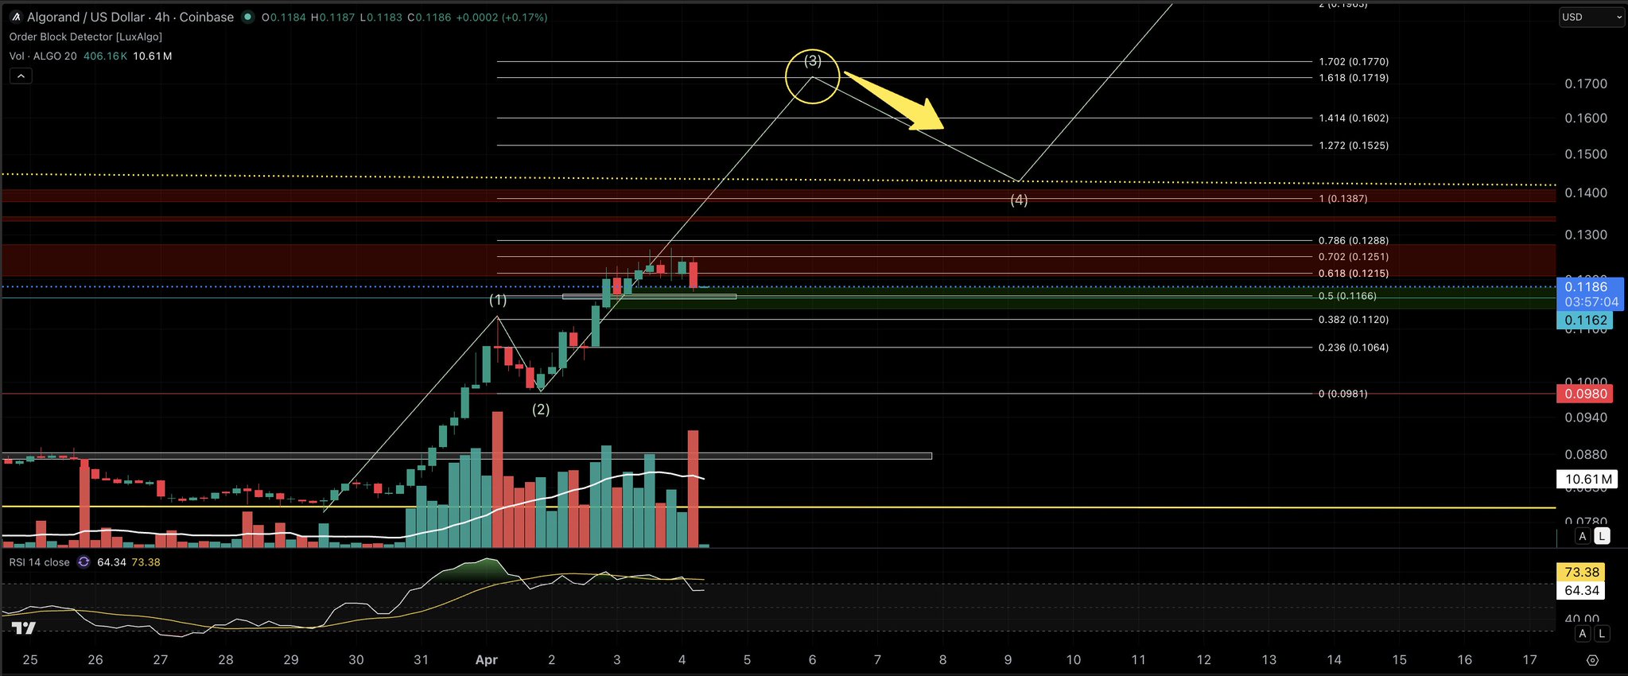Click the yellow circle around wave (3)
pyautogui.click(x=812, y=77)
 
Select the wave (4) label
pyautogui.click(x=1019, y=200)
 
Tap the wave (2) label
pyautogui.click(x=541, y=410)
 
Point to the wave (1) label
pyautogui.click(x=498, y=300)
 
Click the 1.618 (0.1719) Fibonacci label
pyautogui.click(x=1354, y=78)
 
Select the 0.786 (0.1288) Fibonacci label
pyautogui.click(x=1354, y=241)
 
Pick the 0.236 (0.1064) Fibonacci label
pyautogui.click(x=1354, y=348)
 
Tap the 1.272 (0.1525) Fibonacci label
pyautogui.click(x=1354, y=146)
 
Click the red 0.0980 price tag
pyautogui.click(x=1586, y=394)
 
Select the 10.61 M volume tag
pyautogui.click(x=1588, y=479)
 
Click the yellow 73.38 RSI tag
pyautogui.click(x=1581, y=572)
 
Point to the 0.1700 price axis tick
pyautogui.click(x=1586, y=84)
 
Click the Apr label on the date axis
pyautogui.click(x=486, y=659)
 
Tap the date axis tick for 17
pyautogui.click(x=1529, y=659)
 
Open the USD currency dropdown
pyautogui.click(x=1591, y=17)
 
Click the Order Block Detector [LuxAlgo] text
pyautogui.click(x=86, y=37)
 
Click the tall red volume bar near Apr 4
pyautogui.click(x=693, y=488)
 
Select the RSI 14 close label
pyautogui.click(x=40, y=562)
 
